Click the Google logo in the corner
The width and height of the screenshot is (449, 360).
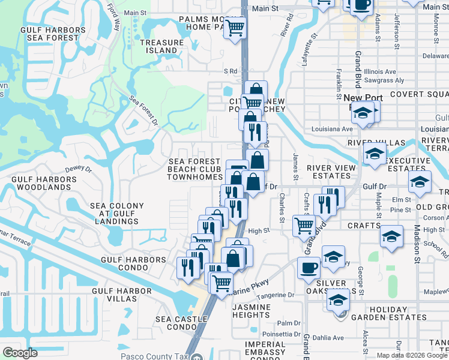click(x=20, y=353)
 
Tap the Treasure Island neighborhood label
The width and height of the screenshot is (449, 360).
click(x=161, y=46)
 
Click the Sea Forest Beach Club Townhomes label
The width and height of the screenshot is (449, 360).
click(x=195, y=169)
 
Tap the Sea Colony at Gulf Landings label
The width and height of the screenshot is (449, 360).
click(x=117, y=214)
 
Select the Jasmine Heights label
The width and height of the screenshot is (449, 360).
click(x=251, y=311)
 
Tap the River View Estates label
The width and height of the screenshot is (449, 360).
click(x=328, y=172)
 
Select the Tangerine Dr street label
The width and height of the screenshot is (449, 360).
click(x=274, y=295)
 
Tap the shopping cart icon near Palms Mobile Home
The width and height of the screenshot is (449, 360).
click(x=235, y=27)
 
